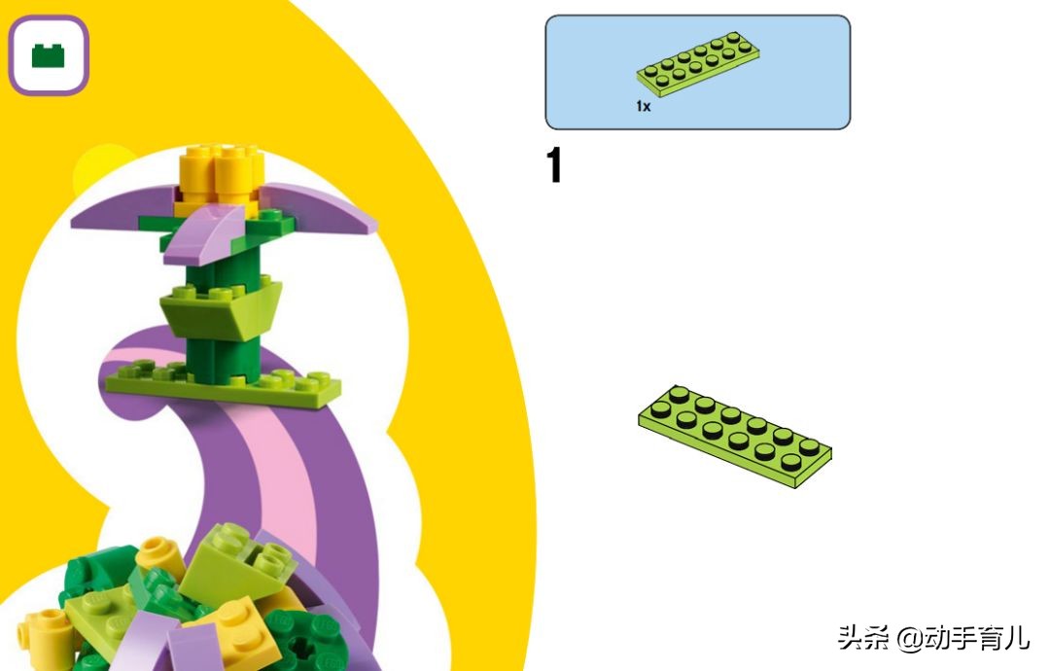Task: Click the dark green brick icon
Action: pos(49,55)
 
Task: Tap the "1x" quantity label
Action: pos(643,106)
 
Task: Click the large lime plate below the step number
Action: pos(735,436)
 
